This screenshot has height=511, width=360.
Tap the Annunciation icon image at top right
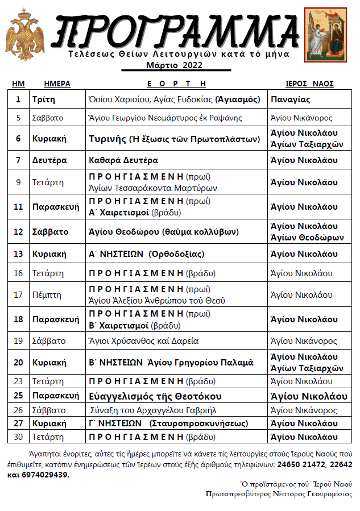coord(325,35)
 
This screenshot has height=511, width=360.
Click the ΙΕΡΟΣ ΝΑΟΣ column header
coord(309,84)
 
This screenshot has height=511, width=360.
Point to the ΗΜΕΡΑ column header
coord(57,84)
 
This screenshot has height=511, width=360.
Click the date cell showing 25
coord(18,396)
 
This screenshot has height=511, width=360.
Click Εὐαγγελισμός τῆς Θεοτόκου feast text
coord(155,396)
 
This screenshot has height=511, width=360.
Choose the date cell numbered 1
coord(18,99)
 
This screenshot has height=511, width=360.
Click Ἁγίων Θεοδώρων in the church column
coord(307,237)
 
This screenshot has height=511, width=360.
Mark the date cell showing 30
coord(18,437)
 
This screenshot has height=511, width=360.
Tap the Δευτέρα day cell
coord(50,160)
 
